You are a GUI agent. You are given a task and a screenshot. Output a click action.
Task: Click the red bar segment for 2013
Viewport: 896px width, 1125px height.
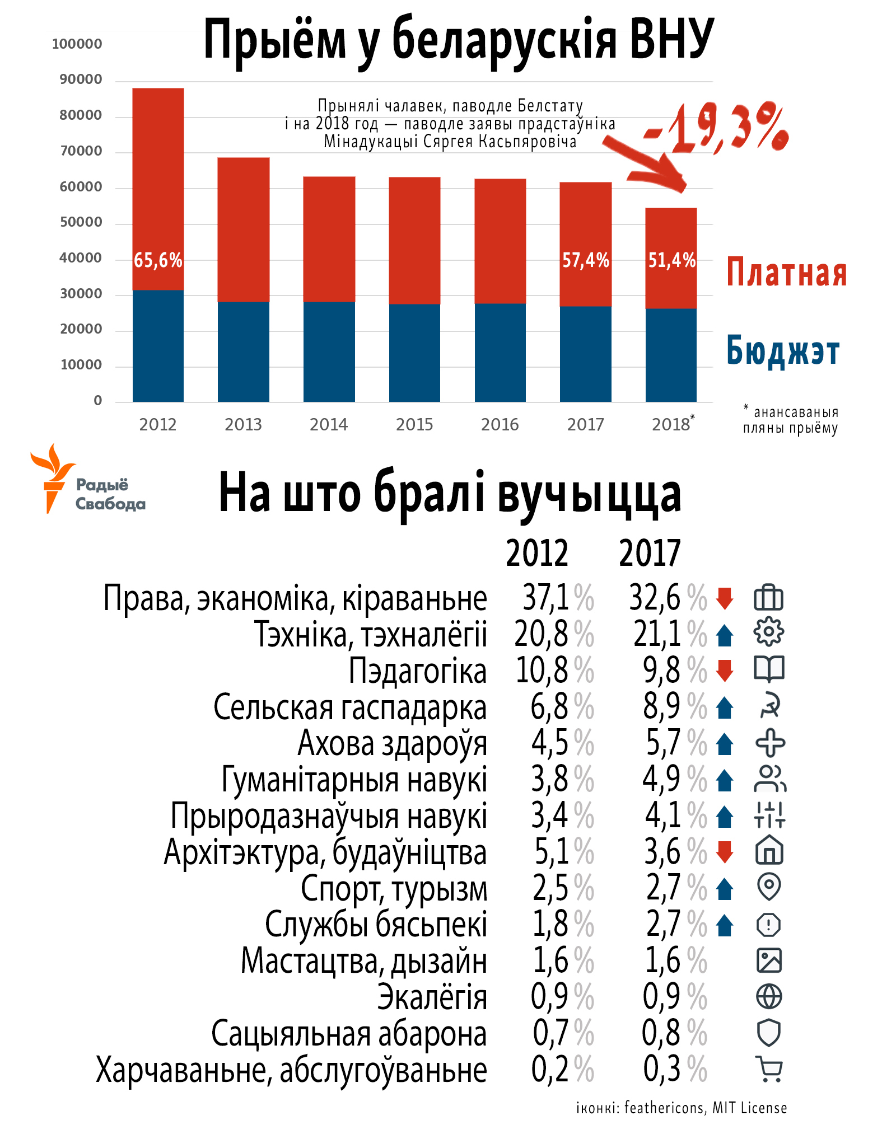click(243, 229)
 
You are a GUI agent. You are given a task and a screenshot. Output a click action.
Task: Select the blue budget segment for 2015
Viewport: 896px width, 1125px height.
click(414, 353)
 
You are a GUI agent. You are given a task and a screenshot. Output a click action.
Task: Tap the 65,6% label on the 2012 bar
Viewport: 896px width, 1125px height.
click(158, 260)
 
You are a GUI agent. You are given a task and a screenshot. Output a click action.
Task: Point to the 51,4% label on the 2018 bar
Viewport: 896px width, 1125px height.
click(671, 260)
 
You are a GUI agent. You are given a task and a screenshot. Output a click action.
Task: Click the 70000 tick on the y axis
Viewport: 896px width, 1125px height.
click(81, 151)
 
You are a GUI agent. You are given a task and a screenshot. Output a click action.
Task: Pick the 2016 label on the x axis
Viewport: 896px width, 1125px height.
click(500, 425)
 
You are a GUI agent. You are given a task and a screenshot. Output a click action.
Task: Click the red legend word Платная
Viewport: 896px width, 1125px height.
click(786, 273)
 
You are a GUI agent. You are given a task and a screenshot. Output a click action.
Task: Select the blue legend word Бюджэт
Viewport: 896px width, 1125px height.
click(783, 351)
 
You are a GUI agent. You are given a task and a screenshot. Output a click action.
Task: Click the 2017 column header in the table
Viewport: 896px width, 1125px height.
click(650, 553)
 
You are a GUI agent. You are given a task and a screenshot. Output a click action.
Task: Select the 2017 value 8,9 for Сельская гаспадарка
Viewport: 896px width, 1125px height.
click(661, 706)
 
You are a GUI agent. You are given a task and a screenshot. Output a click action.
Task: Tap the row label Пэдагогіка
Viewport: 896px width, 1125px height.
click(417, 671)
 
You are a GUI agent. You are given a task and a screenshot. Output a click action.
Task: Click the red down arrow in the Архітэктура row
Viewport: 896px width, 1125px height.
click(725, 852)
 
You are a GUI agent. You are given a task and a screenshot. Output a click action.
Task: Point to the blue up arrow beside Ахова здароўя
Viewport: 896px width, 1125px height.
click(725, 743)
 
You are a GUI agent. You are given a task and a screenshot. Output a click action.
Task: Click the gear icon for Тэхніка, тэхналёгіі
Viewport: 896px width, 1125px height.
click(769, 632)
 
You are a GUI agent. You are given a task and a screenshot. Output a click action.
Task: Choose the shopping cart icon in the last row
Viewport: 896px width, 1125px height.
click(769, 1069)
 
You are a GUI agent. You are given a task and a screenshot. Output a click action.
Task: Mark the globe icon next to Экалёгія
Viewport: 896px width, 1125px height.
click(769, 997)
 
